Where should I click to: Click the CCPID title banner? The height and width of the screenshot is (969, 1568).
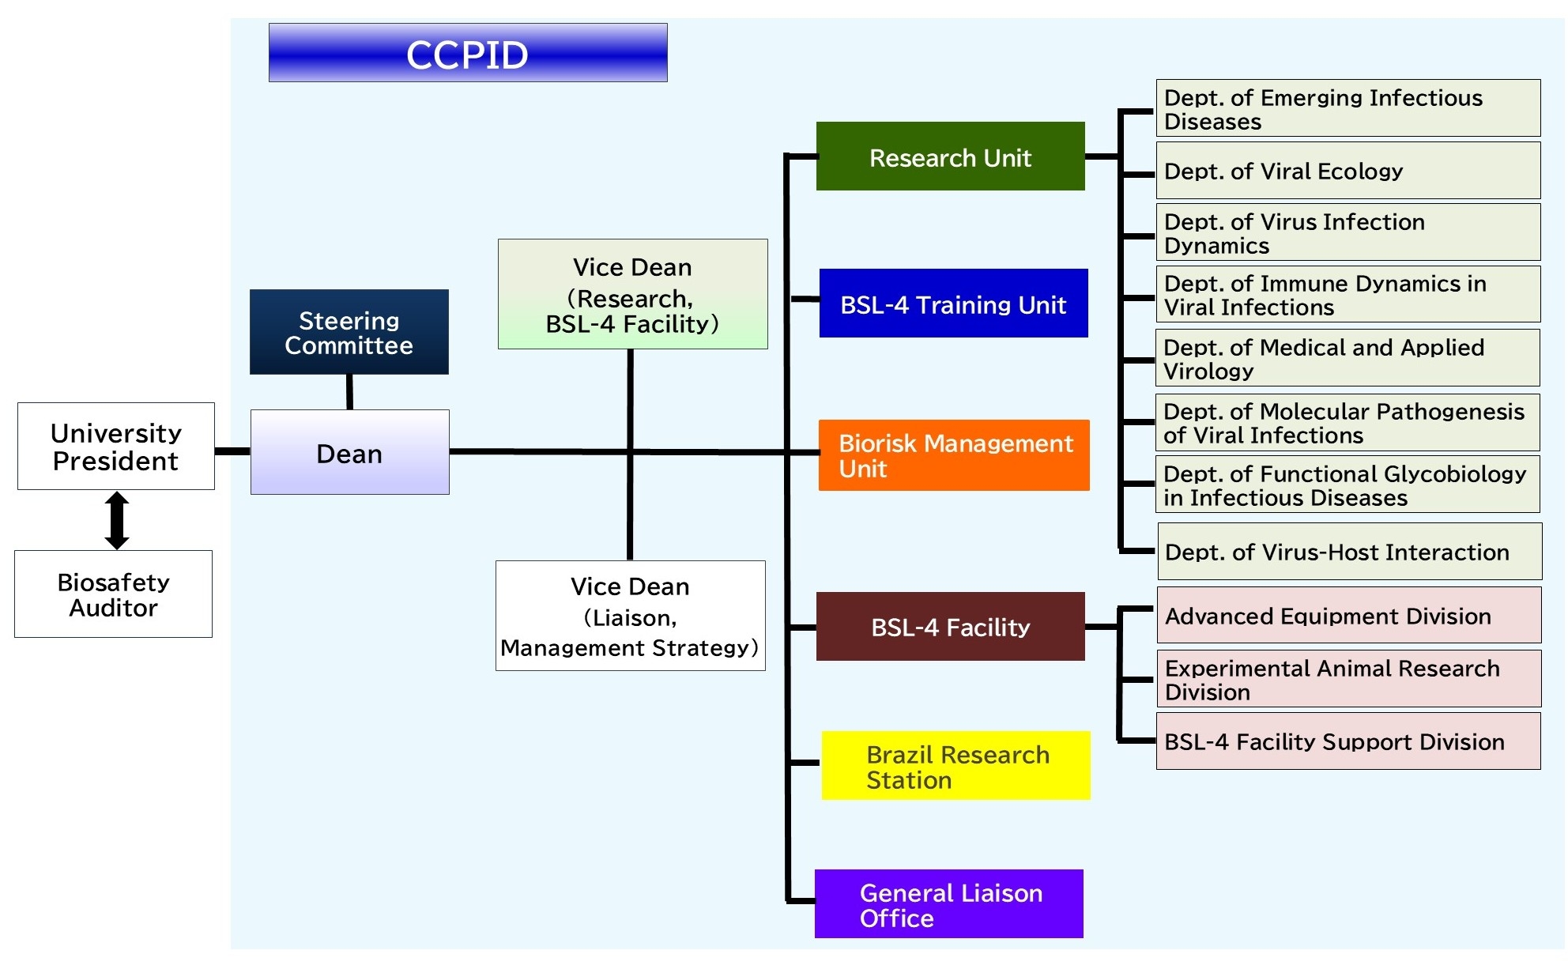pos(468,53)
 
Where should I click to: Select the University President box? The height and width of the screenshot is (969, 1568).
pos(116,447)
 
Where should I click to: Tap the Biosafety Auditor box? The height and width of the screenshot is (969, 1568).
pos(114,594)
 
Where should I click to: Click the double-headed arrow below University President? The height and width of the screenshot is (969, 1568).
pos(117,520)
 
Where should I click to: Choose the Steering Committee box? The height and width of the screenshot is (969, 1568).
pos(349,332)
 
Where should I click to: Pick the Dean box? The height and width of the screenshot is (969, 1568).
pos(350,452)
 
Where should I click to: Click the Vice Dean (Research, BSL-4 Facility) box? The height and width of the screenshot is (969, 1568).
pos(633,294)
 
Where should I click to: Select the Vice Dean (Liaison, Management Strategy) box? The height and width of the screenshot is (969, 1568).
pos(631,616)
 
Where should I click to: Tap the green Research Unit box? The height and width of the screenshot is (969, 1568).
pos(951,156)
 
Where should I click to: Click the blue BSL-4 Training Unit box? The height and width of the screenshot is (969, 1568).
pos(954,304)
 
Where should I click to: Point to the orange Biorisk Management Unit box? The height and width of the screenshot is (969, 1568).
pos(954,455)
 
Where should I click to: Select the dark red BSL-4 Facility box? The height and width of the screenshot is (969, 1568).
pos(951,627)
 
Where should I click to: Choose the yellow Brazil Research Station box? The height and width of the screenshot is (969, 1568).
pos(956,766)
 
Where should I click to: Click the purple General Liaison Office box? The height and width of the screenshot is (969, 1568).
pos(949,904)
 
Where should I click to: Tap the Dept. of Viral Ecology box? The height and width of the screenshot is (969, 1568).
pos(1348,171)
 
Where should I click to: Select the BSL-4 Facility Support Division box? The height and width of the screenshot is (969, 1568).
pos(1348,741)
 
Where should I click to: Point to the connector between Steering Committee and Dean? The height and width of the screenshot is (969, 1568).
pos(349,392)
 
